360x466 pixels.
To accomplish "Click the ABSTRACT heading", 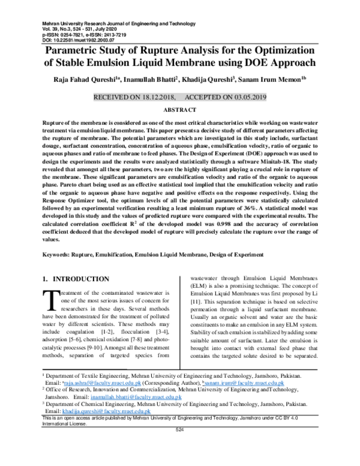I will pos(179,110).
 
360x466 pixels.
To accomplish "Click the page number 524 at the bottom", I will pos(179,431).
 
